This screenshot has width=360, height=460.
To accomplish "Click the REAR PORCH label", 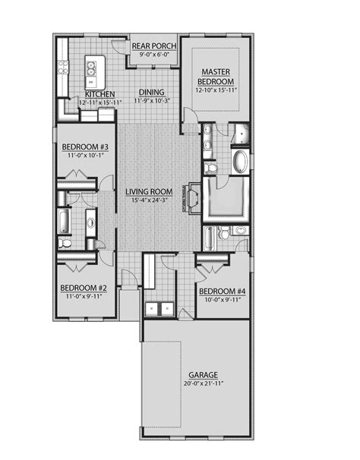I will (x=154, y=46).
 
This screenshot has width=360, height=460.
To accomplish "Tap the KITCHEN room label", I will (x=99, y=94).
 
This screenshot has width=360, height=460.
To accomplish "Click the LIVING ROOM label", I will (x=149, y=191).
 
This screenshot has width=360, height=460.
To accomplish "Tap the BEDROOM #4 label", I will (x=220, y=291).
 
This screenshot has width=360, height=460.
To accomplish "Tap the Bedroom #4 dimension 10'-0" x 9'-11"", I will (x=220, y=299).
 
